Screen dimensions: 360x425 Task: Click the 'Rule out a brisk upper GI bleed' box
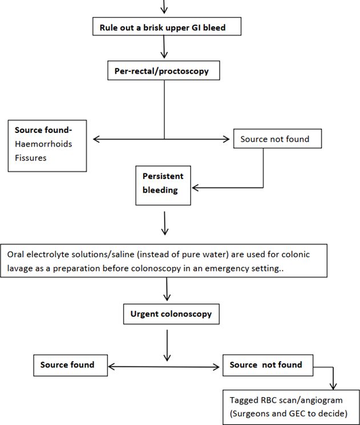pos(167,26)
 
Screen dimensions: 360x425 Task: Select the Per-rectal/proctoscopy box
pos(164,71)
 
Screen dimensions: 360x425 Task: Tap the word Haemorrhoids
pos(43,144)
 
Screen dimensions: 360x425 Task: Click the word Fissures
pos(31,158)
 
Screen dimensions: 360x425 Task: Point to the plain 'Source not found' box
pos(278,139)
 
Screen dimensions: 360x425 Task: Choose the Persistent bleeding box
pos(163,185)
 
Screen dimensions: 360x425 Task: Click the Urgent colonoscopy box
pos(171,314)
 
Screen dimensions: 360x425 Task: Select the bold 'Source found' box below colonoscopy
pos(71,365)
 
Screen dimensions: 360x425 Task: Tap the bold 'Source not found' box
pos(268,365)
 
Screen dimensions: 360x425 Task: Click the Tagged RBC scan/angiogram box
pos(291,407)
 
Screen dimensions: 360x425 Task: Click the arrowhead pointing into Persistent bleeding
pos(195,188)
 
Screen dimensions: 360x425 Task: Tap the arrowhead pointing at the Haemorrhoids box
pos(96,139)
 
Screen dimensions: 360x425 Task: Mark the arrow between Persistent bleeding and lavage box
pos(164,223)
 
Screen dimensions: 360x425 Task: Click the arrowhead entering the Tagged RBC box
pos(333,386)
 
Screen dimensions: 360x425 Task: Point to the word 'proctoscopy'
pos(184,71)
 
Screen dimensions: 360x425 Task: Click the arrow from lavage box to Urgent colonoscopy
pos(167,289)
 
